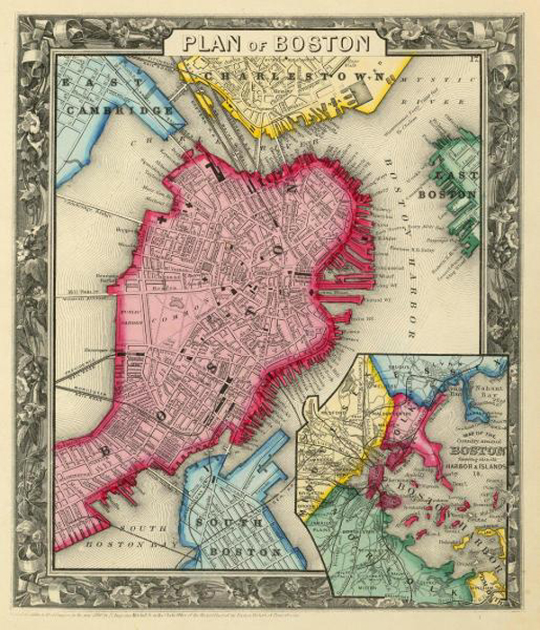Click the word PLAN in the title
208,42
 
